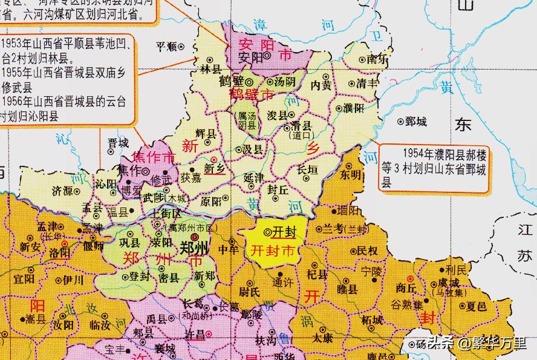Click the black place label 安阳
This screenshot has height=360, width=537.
[x=250, y=57]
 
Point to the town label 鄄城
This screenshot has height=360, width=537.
[x=416, y=122]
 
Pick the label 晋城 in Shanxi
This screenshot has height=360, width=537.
[x=118, y=143]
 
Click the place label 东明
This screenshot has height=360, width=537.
[x=351, y=175]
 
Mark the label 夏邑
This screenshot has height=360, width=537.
[x=477, y=307]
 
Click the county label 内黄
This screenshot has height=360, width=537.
[x=321, y=87]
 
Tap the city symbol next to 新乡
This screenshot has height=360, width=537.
[x=213, y=159]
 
